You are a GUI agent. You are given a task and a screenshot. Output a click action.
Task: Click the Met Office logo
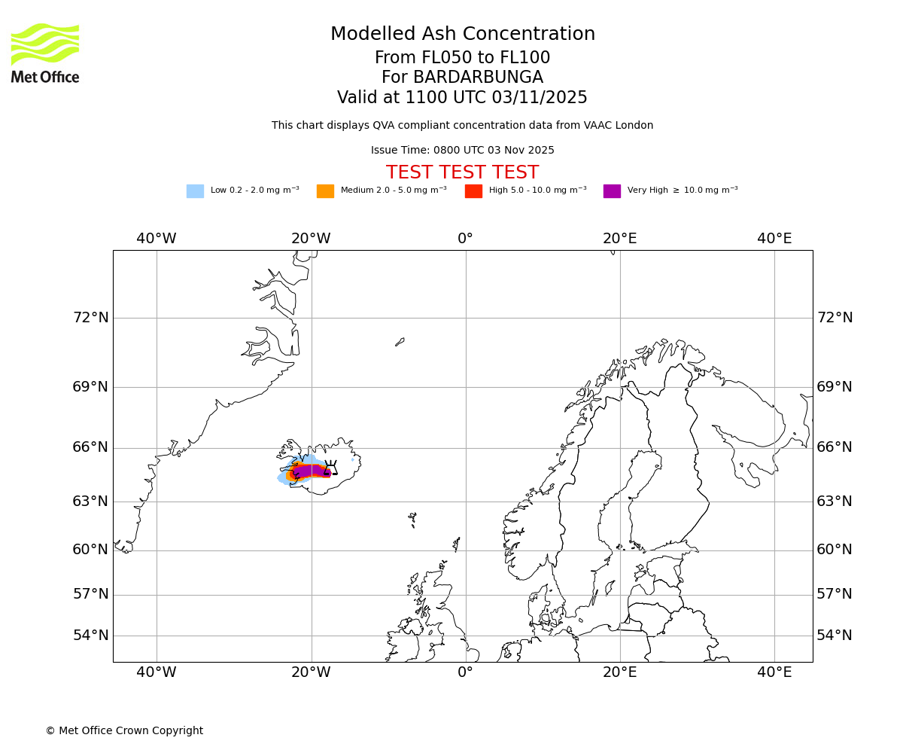click(x=45, y=53)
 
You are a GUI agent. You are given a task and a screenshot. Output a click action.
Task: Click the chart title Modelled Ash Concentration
click(x=462, y=34)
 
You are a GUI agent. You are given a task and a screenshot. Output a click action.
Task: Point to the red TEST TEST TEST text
click(x=462, y=172)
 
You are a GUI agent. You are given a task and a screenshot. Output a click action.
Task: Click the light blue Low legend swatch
click(x=195, y=191)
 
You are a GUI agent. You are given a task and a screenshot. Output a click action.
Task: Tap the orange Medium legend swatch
click(x=325, y=191)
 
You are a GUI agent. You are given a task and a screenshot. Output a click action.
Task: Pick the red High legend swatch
click(x=473, y=191)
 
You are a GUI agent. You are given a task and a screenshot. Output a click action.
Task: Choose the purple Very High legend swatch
click(x=612, y=191)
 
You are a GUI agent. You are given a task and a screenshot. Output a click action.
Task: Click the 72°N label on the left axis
click(x=90, y=317)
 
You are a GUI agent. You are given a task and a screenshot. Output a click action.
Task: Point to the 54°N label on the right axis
click(x=835, y=635)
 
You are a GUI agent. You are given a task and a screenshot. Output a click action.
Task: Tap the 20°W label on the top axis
click(x=311, y=239)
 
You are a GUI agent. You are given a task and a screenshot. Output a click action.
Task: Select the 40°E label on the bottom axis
click(x=774, y=672)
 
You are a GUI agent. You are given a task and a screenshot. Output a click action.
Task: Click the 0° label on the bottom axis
click(x=465, y=672)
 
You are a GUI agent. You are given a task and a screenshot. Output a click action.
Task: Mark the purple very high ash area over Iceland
click(x=310, y=471)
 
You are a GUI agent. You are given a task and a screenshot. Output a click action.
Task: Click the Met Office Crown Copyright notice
click(x=124, y=730)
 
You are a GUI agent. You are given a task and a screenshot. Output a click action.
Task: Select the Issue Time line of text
click(x=462, y=150)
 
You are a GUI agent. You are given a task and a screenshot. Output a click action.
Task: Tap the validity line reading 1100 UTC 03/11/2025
click(x=462, y=97)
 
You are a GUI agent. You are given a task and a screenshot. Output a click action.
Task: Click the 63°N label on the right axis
click(x=835, y=501)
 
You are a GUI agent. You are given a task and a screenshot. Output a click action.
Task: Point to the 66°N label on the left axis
click(x=90, y=447)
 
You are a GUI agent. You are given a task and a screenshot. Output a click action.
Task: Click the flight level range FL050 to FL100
click(x=462, y=58)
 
